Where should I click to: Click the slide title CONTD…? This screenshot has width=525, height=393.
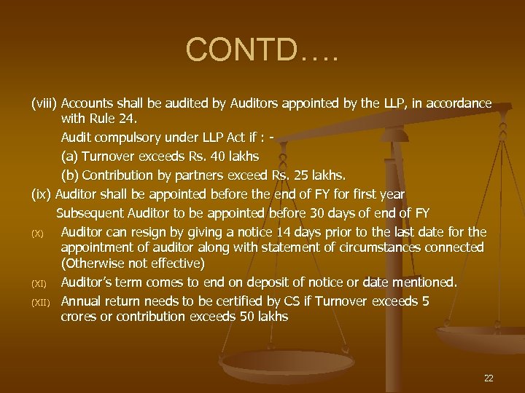click(x=262, y=49)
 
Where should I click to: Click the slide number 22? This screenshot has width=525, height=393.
click(x=488, y=378)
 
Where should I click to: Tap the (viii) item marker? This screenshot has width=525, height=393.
click(x=44, y=103)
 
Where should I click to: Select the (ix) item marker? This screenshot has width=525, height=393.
click(x=42, y=194)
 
